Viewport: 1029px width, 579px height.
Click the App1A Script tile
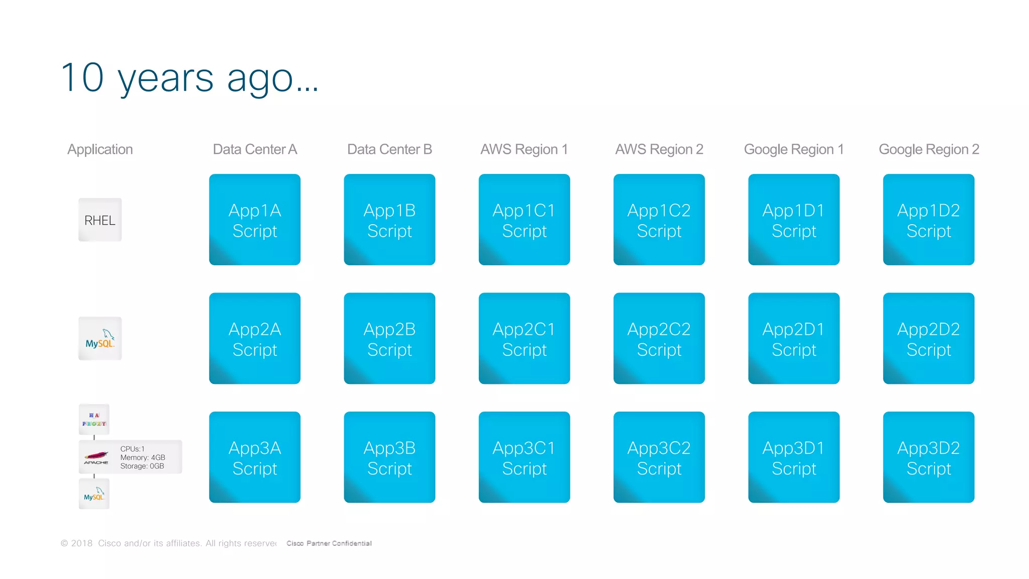point(255,220)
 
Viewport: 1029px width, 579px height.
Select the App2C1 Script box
point(524,338)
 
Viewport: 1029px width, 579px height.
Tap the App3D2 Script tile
point(929,457)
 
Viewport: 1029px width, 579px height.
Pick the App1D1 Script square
point(794,220)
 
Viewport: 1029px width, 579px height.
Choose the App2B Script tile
point(389,338)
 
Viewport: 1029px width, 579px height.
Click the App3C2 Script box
point(659,457)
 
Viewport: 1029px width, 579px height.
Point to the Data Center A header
point(255,149)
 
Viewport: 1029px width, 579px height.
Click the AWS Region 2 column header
point(659,149)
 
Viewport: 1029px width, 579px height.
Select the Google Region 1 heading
point(793,149)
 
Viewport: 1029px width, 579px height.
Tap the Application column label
point(100,149)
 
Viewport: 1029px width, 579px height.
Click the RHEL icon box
point(100,220)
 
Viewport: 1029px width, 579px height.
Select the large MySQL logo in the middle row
point(100,339)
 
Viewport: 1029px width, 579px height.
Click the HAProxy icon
point(94,419)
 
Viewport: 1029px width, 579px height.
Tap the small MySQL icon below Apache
point(94,494)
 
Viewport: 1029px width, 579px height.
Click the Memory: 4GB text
point(143,457)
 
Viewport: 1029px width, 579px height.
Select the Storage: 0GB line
point(142,466)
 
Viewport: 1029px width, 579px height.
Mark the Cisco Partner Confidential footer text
point(329,543)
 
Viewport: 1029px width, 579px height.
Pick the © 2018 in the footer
point(77,543)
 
